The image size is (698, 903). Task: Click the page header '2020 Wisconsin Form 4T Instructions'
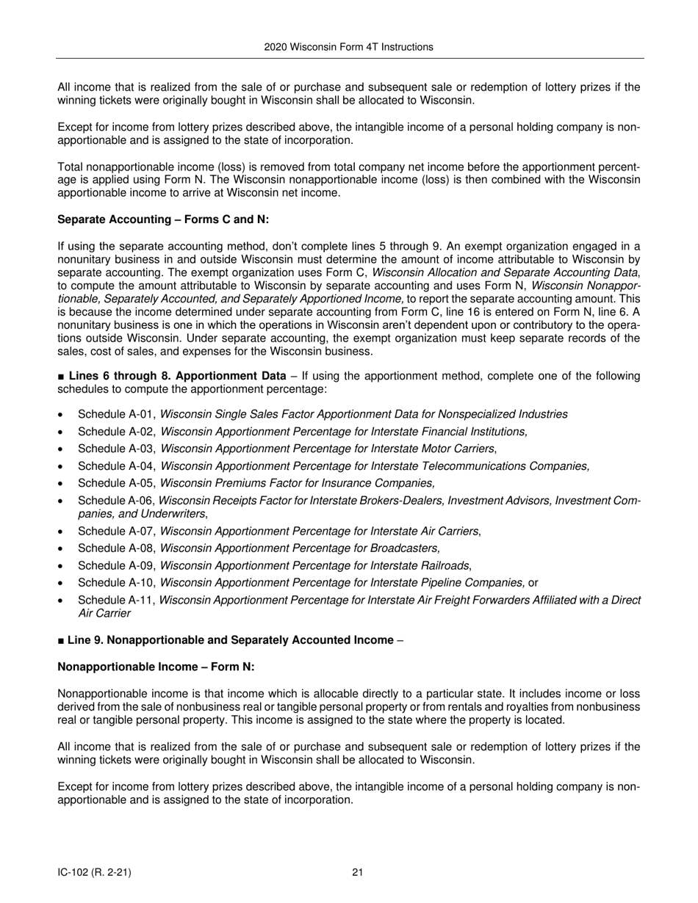348,47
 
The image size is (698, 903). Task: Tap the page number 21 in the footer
358,872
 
